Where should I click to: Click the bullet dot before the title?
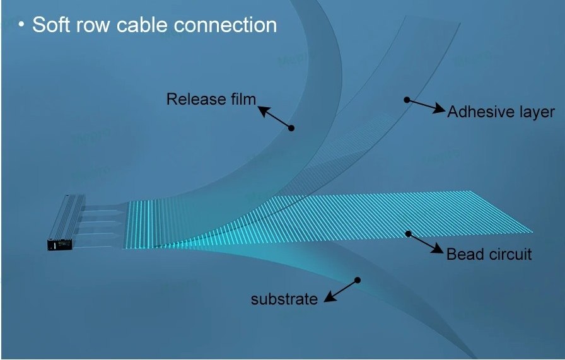click(x=21, y=25)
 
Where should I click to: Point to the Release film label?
click(x=211, y=99)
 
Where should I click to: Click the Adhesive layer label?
click(x=501, y=112)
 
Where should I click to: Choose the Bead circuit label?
click(x=489, y=255)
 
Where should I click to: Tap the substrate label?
click(x=284, y=299)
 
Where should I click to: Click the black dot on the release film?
click(x=291, y=128)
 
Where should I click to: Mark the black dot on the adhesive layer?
click(x=407, y=99)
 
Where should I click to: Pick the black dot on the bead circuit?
click(x=408, y=234)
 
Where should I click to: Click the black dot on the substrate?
click(x=358, y=279)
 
